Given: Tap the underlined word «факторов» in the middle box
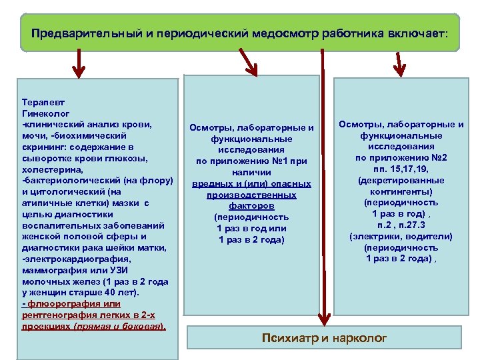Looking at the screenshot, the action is pyautogui.click(x=251, y=205).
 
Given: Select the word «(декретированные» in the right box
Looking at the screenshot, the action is pyautogui.click(x=401, y=180).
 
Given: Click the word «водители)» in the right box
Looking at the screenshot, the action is pyautogui.click(x=431, y=236).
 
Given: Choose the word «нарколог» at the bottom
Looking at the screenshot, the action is pyautogui.click(x=361, y=338).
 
